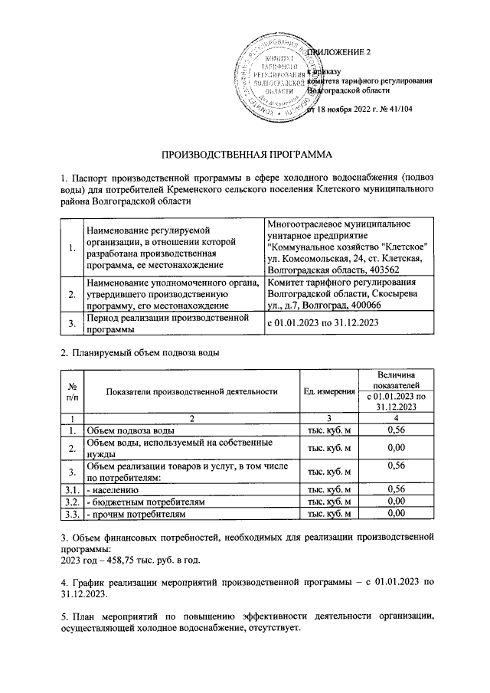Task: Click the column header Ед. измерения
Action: click(x=329, y=391)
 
